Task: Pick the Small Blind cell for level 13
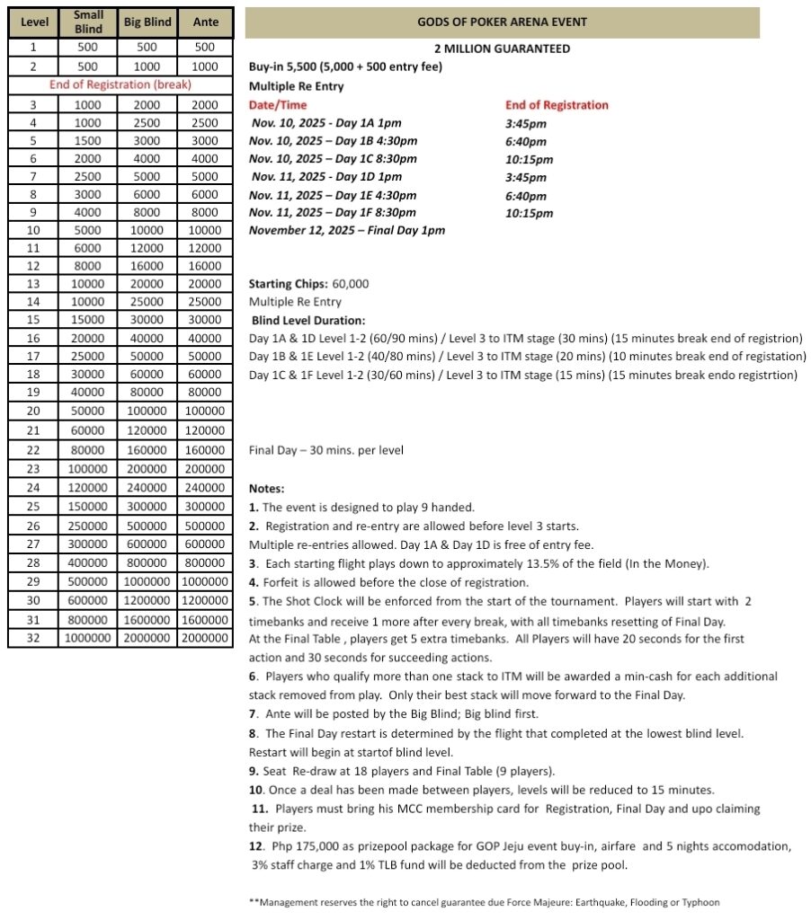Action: tap(88, 284)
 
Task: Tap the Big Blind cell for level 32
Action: tap(146, 638)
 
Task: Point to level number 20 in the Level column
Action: tap(32, 411)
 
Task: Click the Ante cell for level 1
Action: tap(205, 48)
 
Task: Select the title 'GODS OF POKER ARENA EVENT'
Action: tap(502, 22)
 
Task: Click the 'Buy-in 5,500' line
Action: tap(344, 67)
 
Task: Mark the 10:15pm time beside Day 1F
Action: tap(529, 214)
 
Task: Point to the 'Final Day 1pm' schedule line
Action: tap(346, 231)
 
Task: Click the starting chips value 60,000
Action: tap(350, 284)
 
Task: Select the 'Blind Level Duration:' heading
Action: tap(307, 320)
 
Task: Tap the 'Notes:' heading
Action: tap(267, 489)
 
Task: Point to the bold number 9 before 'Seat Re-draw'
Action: tap(254, 770)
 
